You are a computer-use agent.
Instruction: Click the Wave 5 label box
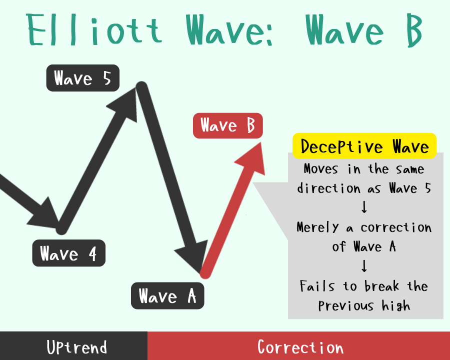[x=82, y=78]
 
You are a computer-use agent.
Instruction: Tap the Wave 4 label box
[x=69, y=253]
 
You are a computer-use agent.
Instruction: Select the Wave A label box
[x=167, y=295]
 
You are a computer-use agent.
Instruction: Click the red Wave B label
[x=228, y=125]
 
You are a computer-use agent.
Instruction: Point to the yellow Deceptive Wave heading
[x=364, y=146]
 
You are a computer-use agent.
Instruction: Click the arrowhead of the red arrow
[x=251, y=157]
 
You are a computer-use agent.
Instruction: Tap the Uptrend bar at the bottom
[x=74, y=345]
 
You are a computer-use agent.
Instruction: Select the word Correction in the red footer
[x=300, y=347]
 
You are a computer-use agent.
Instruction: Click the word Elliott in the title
[x=94, y=30]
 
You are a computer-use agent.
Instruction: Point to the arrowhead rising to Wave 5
[x=123, y=104]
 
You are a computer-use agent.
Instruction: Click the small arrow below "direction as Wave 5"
[x=364, y=207]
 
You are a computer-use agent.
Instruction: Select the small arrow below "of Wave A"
[x=364, y=266]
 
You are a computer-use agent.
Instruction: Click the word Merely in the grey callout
[x=317, y=227]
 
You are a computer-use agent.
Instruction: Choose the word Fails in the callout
[x=317, y=286]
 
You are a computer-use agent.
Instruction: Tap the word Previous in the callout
[x=346, y=305]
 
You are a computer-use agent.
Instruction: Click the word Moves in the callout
[x=321, y=169]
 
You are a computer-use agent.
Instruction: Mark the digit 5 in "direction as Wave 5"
[x=428, y=188]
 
